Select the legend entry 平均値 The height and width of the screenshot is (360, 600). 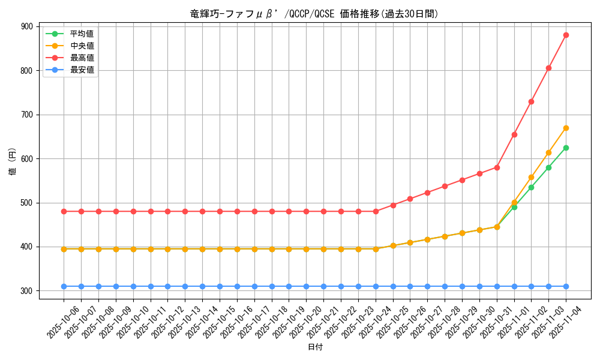(82, 34)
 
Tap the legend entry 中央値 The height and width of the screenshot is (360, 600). (82, 46)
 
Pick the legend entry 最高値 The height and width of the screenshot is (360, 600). (82, 58)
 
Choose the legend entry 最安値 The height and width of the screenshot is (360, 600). (82, 70)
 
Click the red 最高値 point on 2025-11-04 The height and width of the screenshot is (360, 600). (566, 35)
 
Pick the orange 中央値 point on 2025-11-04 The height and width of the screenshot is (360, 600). (566, 128)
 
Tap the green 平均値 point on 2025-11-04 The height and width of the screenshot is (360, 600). (566, 148)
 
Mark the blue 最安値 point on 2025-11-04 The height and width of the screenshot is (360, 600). (566, 286)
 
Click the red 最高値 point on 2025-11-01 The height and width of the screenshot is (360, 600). (514, 134)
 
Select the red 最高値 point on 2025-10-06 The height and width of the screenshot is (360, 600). (64, 211)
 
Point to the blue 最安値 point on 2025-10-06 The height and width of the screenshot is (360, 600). (64, 286)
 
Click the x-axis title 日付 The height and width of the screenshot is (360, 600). (315, 347)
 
